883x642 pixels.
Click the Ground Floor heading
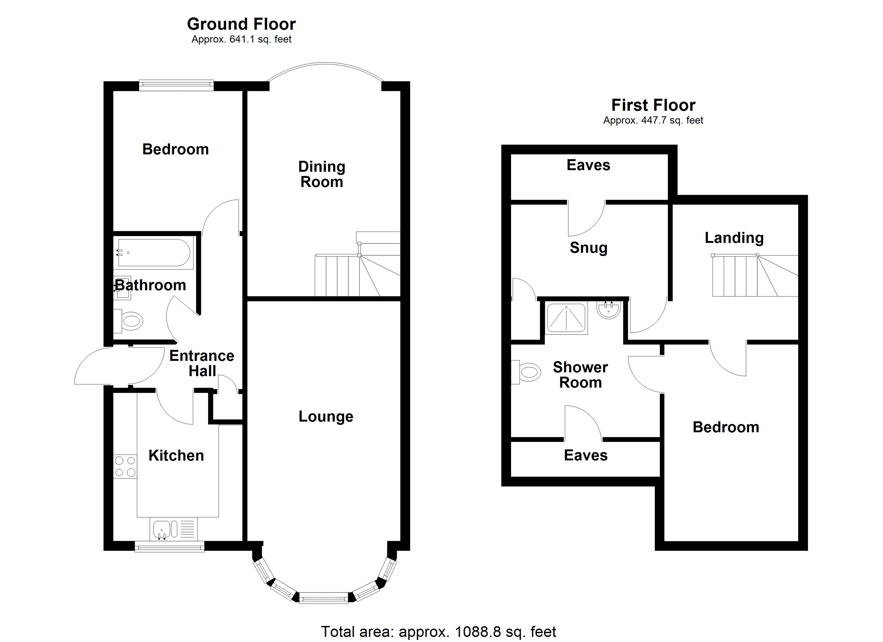pos(241,24)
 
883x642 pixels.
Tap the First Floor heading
pos(653,105)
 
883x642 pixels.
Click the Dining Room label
pos(322,174)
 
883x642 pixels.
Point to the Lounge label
pos(326,416)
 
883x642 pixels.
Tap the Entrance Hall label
pos(202,363)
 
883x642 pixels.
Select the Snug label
pos(588,248)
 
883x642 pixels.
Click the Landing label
pos(734,238)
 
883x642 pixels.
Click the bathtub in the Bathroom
pos(154,253)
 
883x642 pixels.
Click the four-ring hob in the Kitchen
pos(125,467)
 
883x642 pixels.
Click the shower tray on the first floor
pos(566,319)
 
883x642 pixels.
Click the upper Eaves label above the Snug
pos(588,165)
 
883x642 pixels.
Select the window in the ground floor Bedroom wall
pos(176,85)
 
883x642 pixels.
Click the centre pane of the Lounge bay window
pos(323,598)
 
